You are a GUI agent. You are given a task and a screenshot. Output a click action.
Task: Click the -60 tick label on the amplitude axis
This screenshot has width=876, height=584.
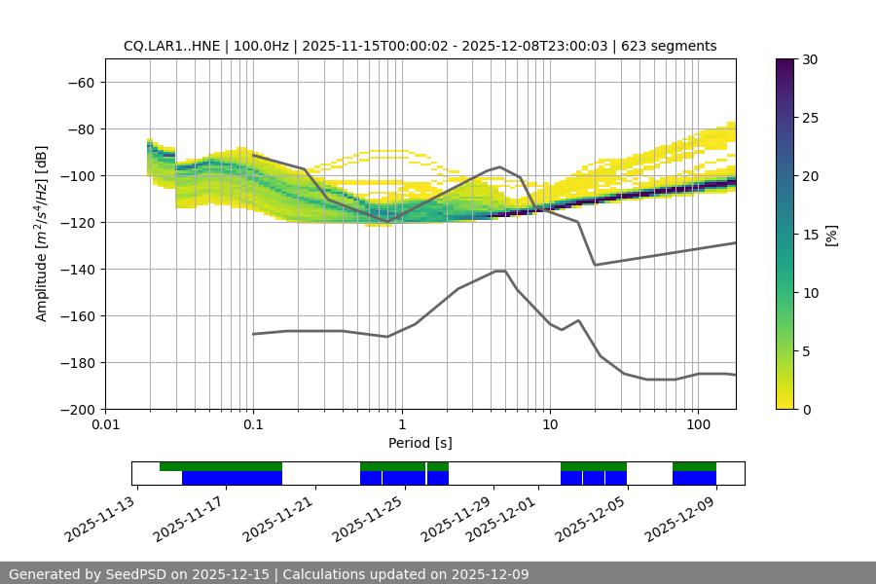click(x=80, y=82)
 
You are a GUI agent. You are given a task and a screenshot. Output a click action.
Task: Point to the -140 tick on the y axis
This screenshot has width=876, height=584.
click(x=76, y=269)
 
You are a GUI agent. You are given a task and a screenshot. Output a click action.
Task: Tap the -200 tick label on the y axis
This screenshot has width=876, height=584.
click(x=76, y=409)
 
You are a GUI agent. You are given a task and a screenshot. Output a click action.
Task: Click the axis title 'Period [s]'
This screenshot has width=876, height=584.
click(x=420, y=443)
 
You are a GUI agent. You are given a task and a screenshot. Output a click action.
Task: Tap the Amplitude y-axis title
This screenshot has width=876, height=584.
click(x=42, y=235)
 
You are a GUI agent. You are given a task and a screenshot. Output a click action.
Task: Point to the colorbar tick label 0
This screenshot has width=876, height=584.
click(x=807, y=409)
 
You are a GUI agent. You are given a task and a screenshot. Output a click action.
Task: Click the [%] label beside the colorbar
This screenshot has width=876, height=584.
click(x=831, y=235)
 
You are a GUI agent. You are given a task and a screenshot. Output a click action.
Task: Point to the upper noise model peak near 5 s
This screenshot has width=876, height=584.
click(x=500, y=166)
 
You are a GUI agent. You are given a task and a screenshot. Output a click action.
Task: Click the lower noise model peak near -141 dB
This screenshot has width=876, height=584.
click(x=500, y=271)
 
